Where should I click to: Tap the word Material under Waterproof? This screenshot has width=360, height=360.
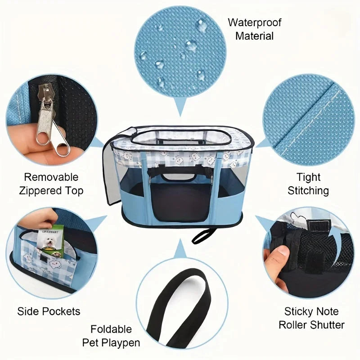255,36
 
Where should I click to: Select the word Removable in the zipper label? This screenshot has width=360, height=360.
51,177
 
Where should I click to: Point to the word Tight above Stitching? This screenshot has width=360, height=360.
308,177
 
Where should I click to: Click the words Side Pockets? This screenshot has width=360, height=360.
49,311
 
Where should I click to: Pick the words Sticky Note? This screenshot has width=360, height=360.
311,311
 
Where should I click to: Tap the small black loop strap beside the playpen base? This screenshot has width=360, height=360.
205,235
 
